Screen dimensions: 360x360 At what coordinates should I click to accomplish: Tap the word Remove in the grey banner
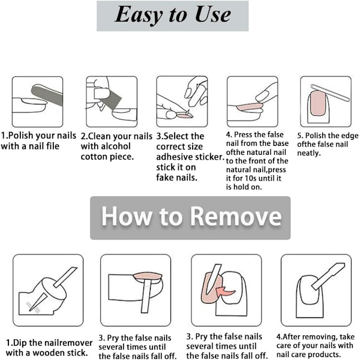(x=236, y=216)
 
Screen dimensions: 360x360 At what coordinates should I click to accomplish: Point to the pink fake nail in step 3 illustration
(x=184, y=116)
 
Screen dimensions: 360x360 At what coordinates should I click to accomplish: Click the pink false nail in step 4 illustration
(x=250, y=107)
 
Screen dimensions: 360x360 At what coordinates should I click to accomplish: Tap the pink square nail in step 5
(x=318, y=103)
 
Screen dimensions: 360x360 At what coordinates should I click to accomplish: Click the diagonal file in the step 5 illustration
(x=330, y=93)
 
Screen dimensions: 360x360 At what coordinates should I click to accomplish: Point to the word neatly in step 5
(x=308, y=153)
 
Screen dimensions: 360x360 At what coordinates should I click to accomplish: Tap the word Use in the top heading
(x=213, y=14)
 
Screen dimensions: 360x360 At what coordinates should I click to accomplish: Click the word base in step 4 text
(x=280, y=143)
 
